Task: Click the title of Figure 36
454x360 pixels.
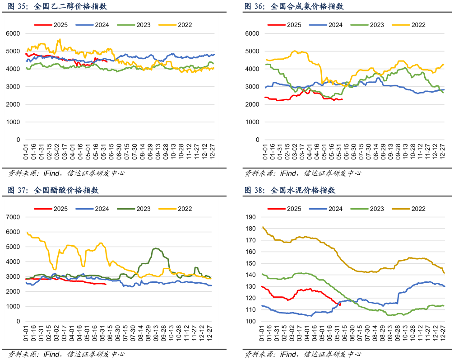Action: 294,6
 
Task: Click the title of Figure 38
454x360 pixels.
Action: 290,190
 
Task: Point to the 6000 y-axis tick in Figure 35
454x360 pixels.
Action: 13,33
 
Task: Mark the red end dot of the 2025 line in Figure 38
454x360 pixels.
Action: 340,305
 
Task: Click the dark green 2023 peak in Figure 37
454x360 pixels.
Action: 156,248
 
